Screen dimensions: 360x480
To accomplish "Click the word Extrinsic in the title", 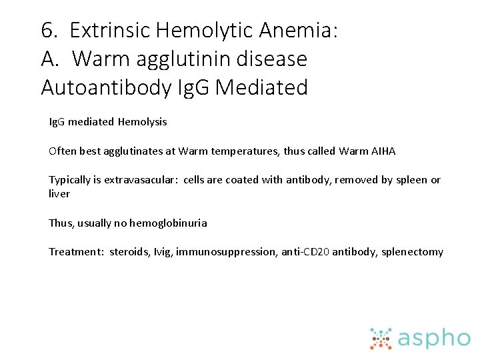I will pyautogui.click(x=110, y=30).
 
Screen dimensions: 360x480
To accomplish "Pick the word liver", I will pyautogui.click(x=59, y=193).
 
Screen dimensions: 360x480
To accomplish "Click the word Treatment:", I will pyautogui.click(x=75, y=252).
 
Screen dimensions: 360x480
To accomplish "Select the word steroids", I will pyautogui.click(x=129, y=252).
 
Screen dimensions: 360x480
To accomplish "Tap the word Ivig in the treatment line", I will pyautogui.click(x=163, y=252).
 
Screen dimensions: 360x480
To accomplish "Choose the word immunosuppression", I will pyautogui.click(x=218, y=252).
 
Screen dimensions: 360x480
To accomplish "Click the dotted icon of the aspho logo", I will pyautogui.click(x=381, y=339).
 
